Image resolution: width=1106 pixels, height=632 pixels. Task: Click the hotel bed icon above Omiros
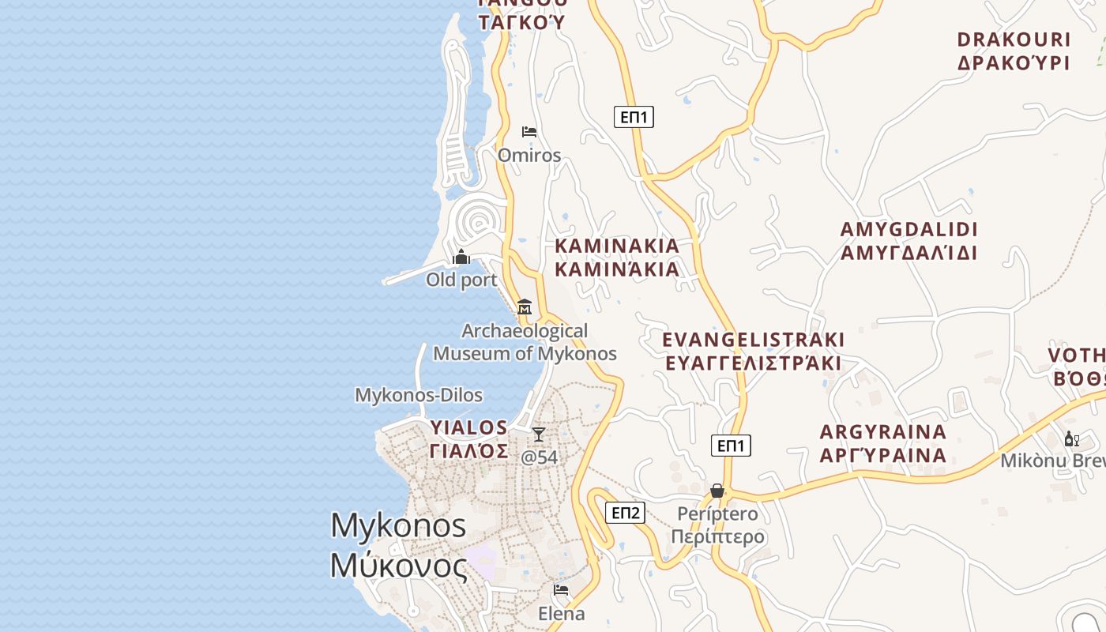529,131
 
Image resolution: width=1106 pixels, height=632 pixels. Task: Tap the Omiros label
529,155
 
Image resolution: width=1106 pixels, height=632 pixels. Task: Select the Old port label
461,280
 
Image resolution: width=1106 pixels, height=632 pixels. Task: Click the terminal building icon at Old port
461,258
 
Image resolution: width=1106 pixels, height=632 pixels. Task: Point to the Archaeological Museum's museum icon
525,307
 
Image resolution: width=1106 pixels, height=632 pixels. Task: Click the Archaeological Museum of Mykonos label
525,342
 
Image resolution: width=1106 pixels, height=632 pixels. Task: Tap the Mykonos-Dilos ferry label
419,395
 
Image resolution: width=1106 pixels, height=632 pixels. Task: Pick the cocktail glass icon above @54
539,434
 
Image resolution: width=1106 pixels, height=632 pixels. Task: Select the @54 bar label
540,457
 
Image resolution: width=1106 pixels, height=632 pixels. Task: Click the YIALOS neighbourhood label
469,439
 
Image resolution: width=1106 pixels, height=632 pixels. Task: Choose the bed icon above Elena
561,590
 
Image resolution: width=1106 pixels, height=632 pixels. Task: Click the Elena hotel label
562,613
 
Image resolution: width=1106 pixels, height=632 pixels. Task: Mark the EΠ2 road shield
626,513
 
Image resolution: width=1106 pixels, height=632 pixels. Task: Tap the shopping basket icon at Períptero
717,491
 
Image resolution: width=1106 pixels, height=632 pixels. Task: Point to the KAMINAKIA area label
617,258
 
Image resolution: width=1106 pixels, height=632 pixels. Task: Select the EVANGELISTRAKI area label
754,352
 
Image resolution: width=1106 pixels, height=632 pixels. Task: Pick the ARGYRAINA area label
883,443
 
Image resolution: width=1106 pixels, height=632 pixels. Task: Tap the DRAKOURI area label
1014,51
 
